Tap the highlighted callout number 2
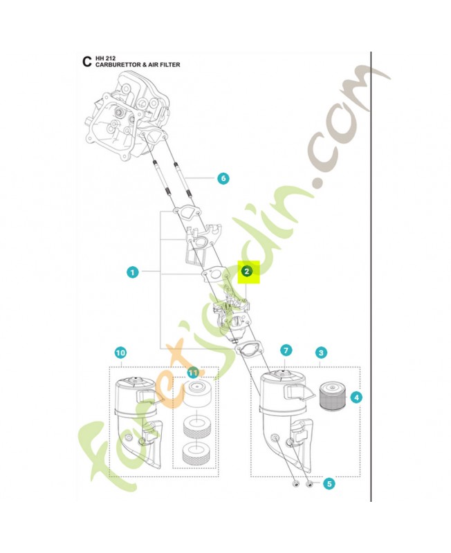coord(247,272)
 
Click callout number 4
coord(356,397)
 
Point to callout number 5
coord(330,484)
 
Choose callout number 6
coord(223,178)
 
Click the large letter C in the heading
coord(86,62)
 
